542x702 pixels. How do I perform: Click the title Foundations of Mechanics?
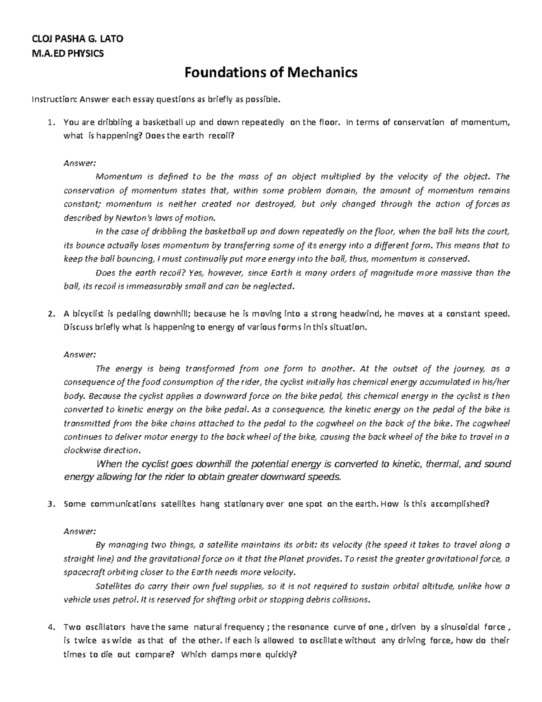point(271,72)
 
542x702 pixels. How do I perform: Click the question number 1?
point(51,122)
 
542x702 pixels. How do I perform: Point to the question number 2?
point(51,314)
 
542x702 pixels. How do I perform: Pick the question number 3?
point(51,504)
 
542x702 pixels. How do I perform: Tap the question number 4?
point(51,627)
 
